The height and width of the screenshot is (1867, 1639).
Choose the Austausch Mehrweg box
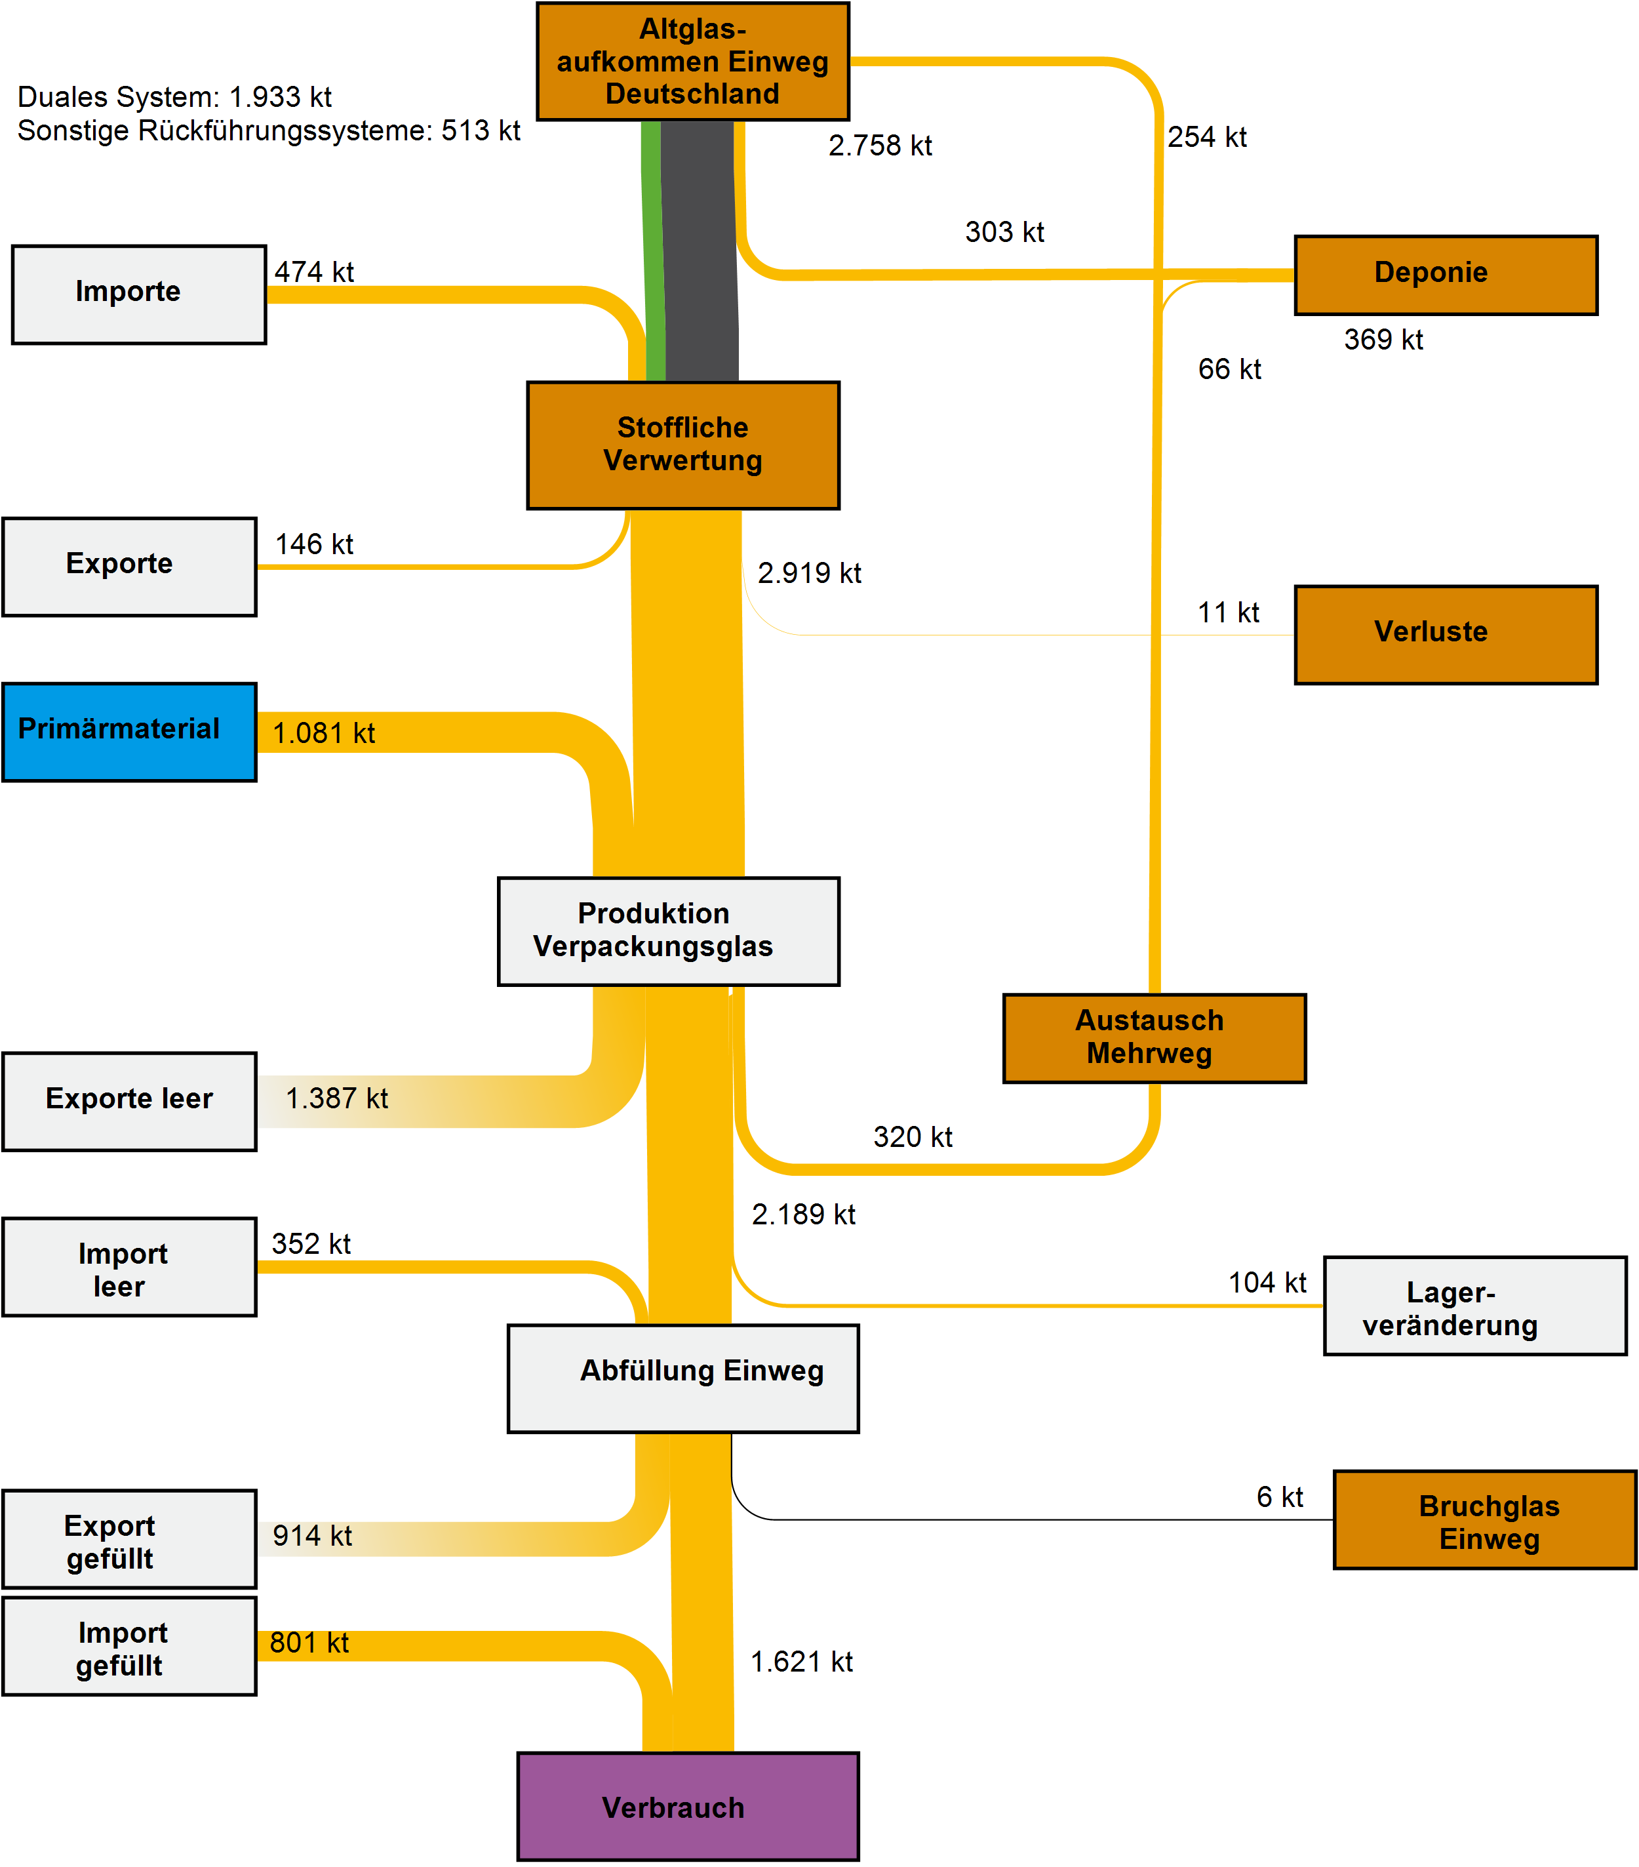1154,1037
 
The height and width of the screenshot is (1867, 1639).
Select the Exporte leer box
128,1100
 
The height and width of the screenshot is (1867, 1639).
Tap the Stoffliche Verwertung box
683,445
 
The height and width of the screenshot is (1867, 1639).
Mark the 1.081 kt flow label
323,733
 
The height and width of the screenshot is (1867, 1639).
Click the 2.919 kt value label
809,572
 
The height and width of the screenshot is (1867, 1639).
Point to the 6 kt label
1279,1496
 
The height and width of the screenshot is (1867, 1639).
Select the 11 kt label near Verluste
1228,612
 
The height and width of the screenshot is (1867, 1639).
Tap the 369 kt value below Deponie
1383,340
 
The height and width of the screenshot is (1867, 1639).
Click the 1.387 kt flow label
336,1098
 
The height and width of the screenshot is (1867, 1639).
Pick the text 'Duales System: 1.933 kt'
174,97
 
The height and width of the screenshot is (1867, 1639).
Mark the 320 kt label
912,1136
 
